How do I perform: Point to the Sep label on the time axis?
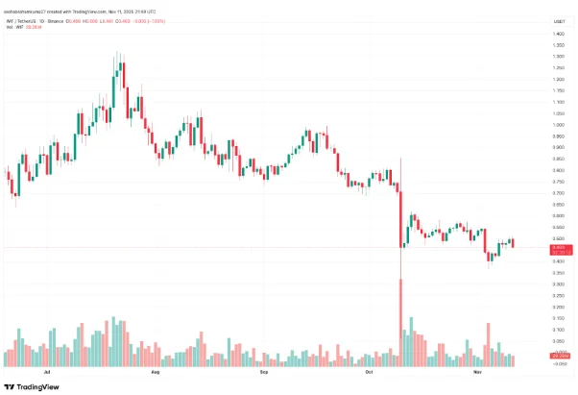[265, 369]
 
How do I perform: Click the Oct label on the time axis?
[371, 369]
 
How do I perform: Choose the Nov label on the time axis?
[478, 369]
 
